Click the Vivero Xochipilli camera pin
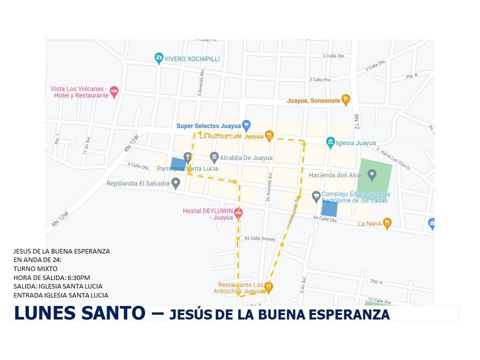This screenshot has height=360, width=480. (159, 58)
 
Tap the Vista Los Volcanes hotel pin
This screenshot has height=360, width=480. (114, 91)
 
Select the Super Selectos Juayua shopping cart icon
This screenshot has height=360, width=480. (246, 125)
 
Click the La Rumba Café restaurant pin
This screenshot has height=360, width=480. (269, 134)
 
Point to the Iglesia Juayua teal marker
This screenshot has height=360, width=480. (330, 142)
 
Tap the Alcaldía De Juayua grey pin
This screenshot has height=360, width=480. (214, 157)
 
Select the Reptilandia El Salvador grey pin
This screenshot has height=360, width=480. (176, 183)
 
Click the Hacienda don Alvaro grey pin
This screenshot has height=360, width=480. (372, 174)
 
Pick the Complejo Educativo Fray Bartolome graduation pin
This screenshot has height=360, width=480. (316, 196)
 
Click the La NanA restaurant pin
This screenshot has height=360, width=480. (387, 223)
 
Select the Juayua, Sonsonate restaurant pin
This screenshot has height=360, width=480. (345, 99)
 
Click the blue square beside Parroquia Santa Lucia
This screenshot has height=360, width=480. (178, 164)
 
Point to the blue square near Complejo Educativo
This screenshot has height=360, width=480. (329, 208)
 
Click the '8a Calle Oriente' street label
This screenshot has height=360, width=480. (260, 239)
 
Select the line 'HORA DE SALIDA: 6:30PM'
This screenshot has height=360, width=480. (52, 277)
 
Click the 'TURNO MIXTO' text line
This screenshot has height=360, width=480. (35, 268)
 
